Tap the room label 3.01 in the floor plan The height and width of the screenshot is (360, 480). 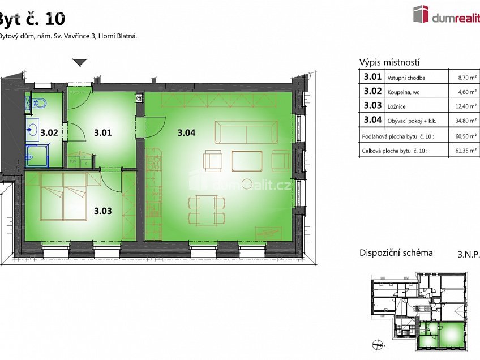[103, 134]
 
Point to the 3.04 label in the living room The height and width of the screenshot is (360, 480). [186, 134]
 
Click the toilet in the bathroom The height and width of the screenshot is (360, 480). [38, 104]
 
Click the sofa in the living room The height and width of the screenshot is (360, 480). [246, 132]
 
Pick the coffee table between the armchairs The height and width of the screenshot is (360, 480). [247, 161]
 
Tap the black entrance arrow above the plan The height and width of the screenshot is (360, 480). [79, 62]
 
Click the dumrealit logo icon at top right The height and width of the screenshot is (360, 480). [421, 14]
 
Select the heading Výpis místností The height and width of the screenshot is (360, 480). [389, 63]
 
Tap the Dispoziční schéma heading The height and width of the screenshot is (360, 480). [396, 252]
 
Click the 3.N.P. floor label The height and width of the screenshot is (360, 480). [468, 254]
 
